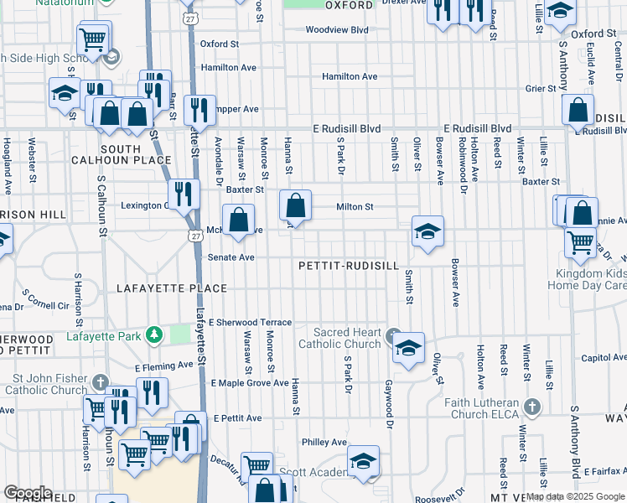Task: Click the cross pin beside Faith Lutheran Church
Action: (530, 407)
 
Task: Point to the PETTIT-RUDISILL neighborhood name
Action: (349, 266)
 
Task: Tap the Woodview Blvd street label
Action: (337, 29)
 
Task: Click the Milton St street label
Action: (354, 206)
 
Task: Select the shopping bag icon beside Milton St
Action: (295, 205)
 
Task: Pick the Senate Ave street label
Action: (231, 257)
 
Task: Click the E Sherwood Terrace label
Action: (251, 322)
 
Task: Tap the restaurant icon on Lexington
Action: (183, 194)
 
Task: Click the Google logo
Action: (27, 493)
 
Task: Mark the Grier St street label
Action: (541, 88)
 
